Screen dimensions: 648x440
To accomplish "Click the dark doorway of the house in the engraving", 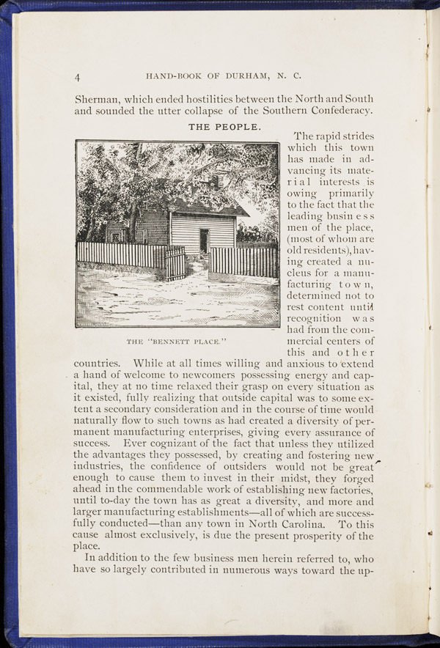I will tap(203, 240).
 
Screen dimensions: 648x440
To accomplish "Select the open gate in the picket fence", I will tap(175, 262).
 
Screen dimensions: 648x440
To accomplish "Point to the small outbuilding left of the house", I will tap(117, 233).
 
